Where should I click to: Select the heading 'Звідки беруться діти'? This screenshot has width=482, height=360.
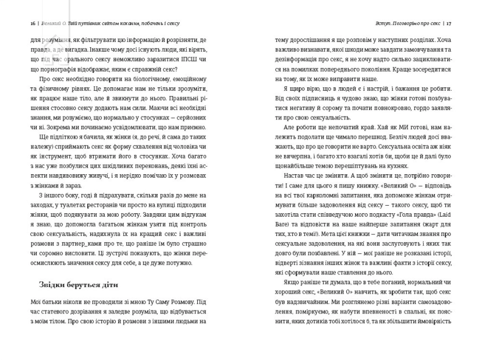[x=73, y=285]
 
